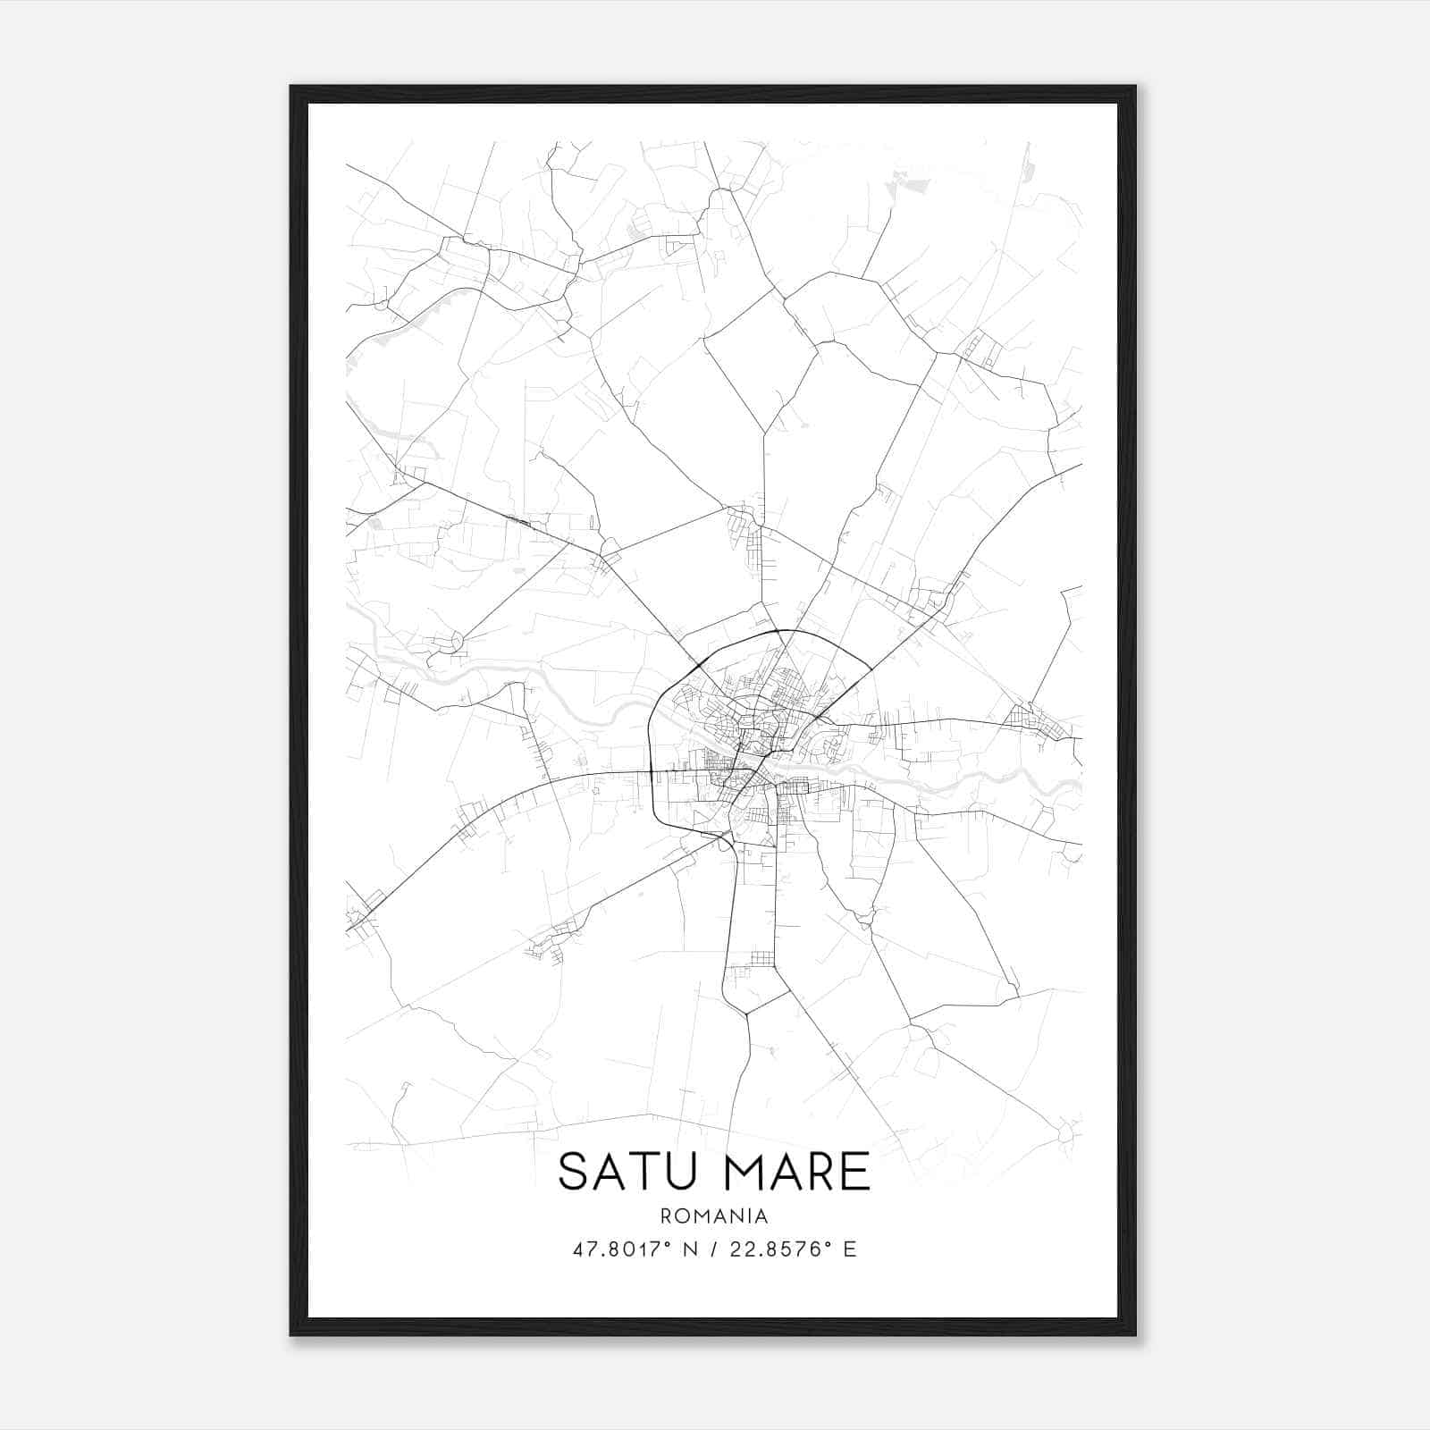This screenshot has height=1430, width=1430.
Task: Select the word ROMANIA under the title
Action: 714,1215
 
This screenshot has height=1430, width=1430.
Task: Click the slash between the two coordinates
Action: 714,1249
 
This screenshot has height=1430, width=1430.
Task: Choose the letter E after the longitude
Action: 849,1249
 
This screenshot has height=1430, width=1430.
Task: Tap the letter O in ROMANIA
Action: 681,1215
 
